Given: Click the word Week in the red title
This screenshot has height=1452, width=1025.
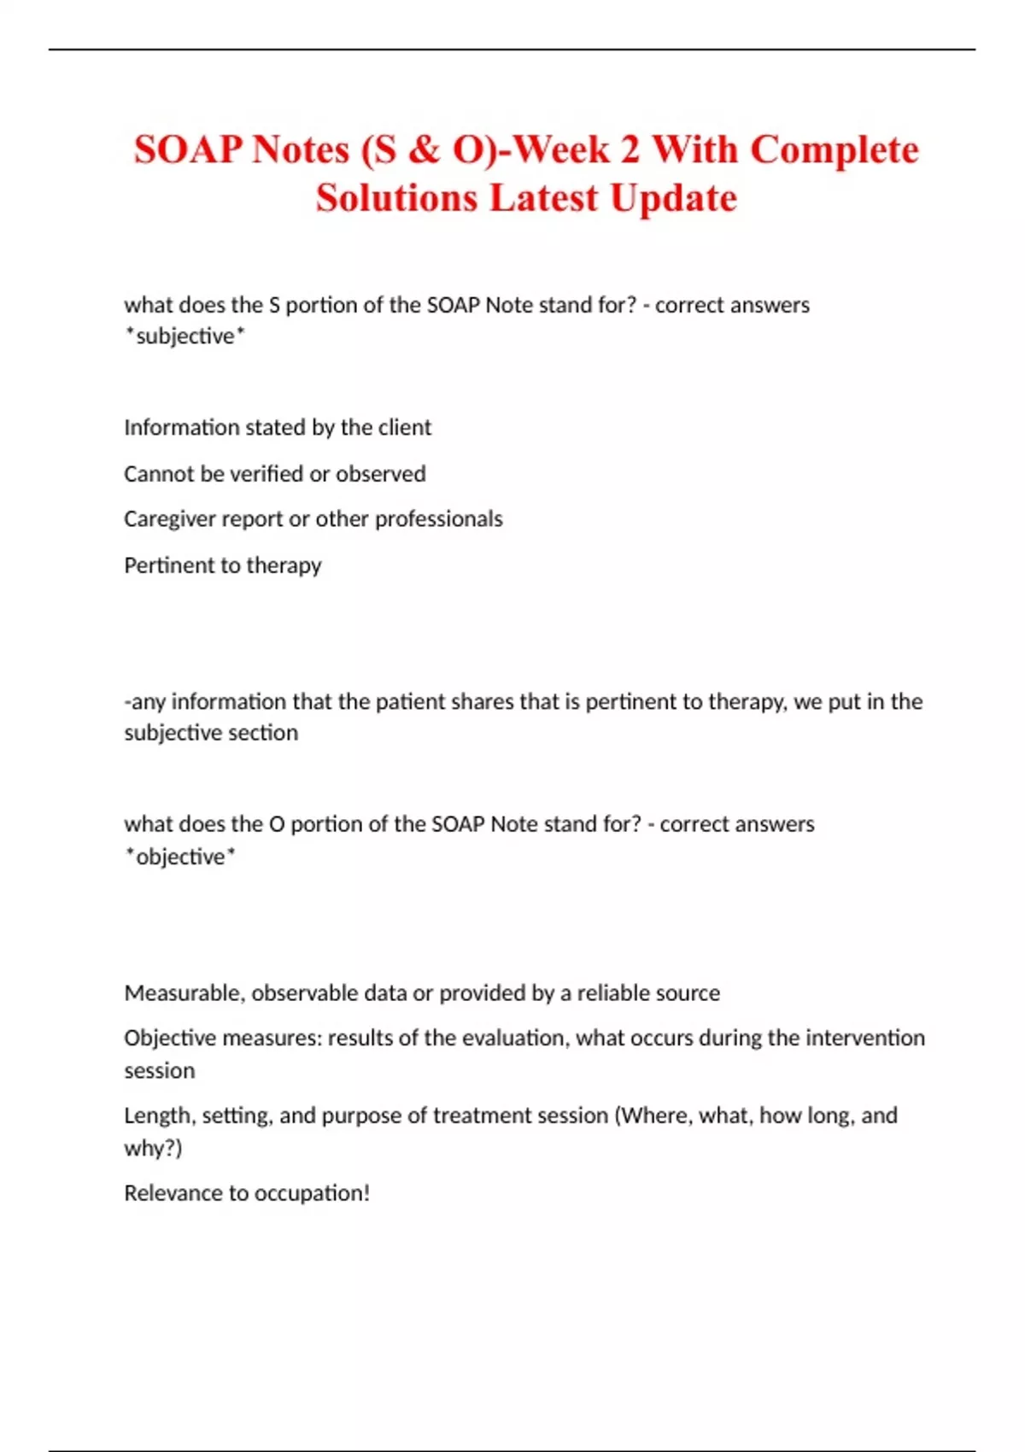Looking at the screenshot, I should click(x=562, y=149).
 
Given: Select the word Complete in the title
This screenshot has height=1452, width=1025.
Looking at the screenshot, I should click(x=835, y=149).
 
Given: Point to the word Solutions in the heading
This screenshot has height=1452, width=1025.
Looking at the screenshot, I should click(x=396, y=198).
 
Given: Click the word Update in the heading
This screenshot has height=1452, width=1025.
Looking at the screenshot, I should click(x=673, y=198).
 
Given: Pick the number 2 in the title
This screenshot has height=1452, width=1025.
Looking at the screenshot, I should click(x=630, y=149).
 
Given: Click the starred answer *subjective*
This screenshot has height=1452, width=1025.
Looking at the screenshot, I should click(x=184, y=337).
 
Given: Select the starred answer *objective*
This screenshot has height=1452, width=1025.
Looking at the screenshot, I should click(x=180, y=856).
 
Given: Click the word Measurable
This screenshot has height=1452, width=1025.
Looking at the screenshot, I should click(x=184, y=992).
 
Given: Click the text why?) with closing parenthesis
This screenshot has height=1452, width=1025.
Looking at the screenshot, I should click(x=153, y=1148).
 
